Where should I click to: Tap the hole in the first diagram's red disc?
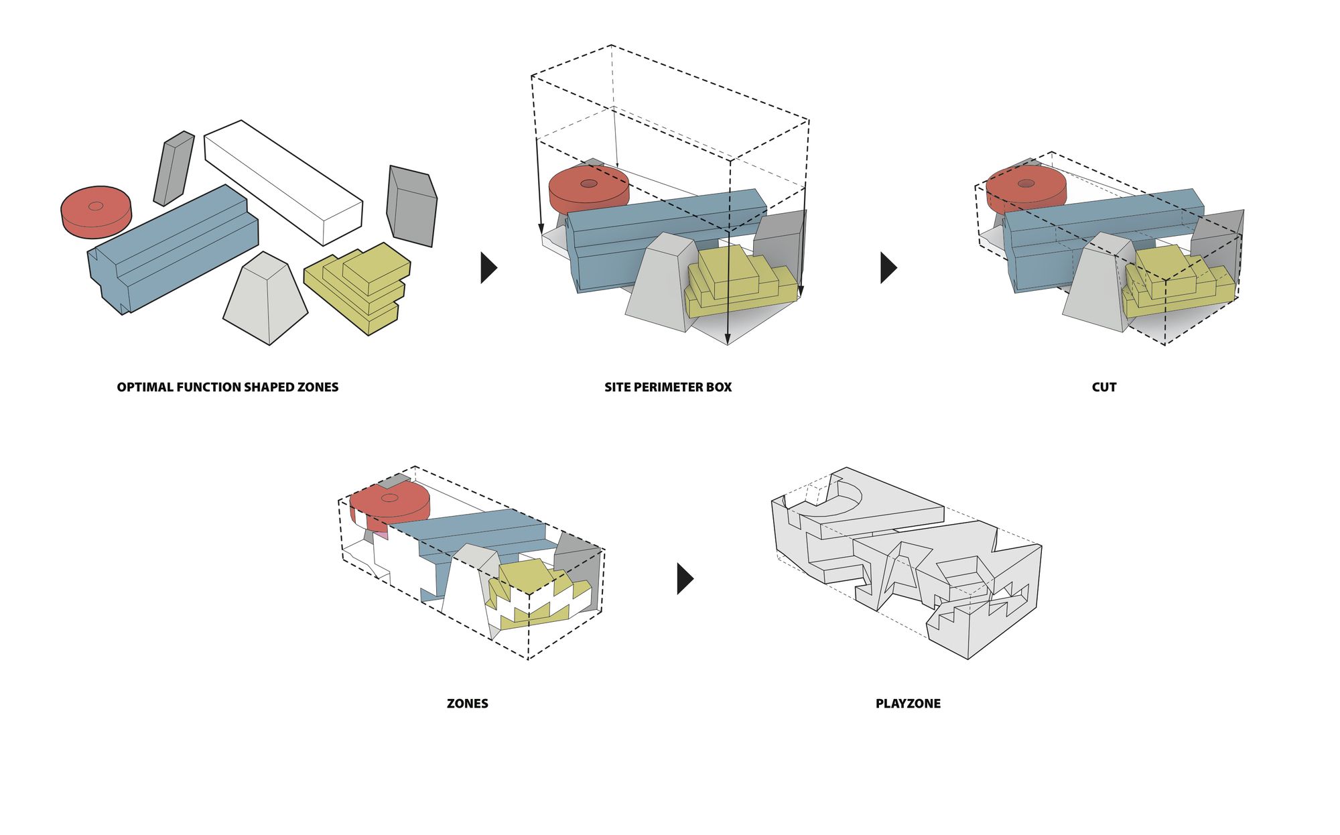(96, 206)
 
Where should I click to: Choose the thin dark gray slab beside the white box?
(174, 168)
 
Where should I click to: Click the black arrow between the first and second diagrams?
(488, 268)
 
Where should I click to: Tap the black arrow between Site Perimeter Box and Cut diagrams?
(888, 268)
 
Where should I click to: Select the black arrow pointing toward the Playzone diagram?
(684, 578)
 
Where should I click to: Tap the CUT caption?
(1103, 387)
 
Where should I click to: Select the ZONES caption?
(467, 704)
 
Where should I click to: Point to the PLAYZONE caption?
(908, 704)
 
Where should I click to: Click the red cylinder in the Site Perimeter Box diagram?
(588, 191)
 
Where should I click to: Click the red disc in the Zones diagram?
(389, 503)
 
